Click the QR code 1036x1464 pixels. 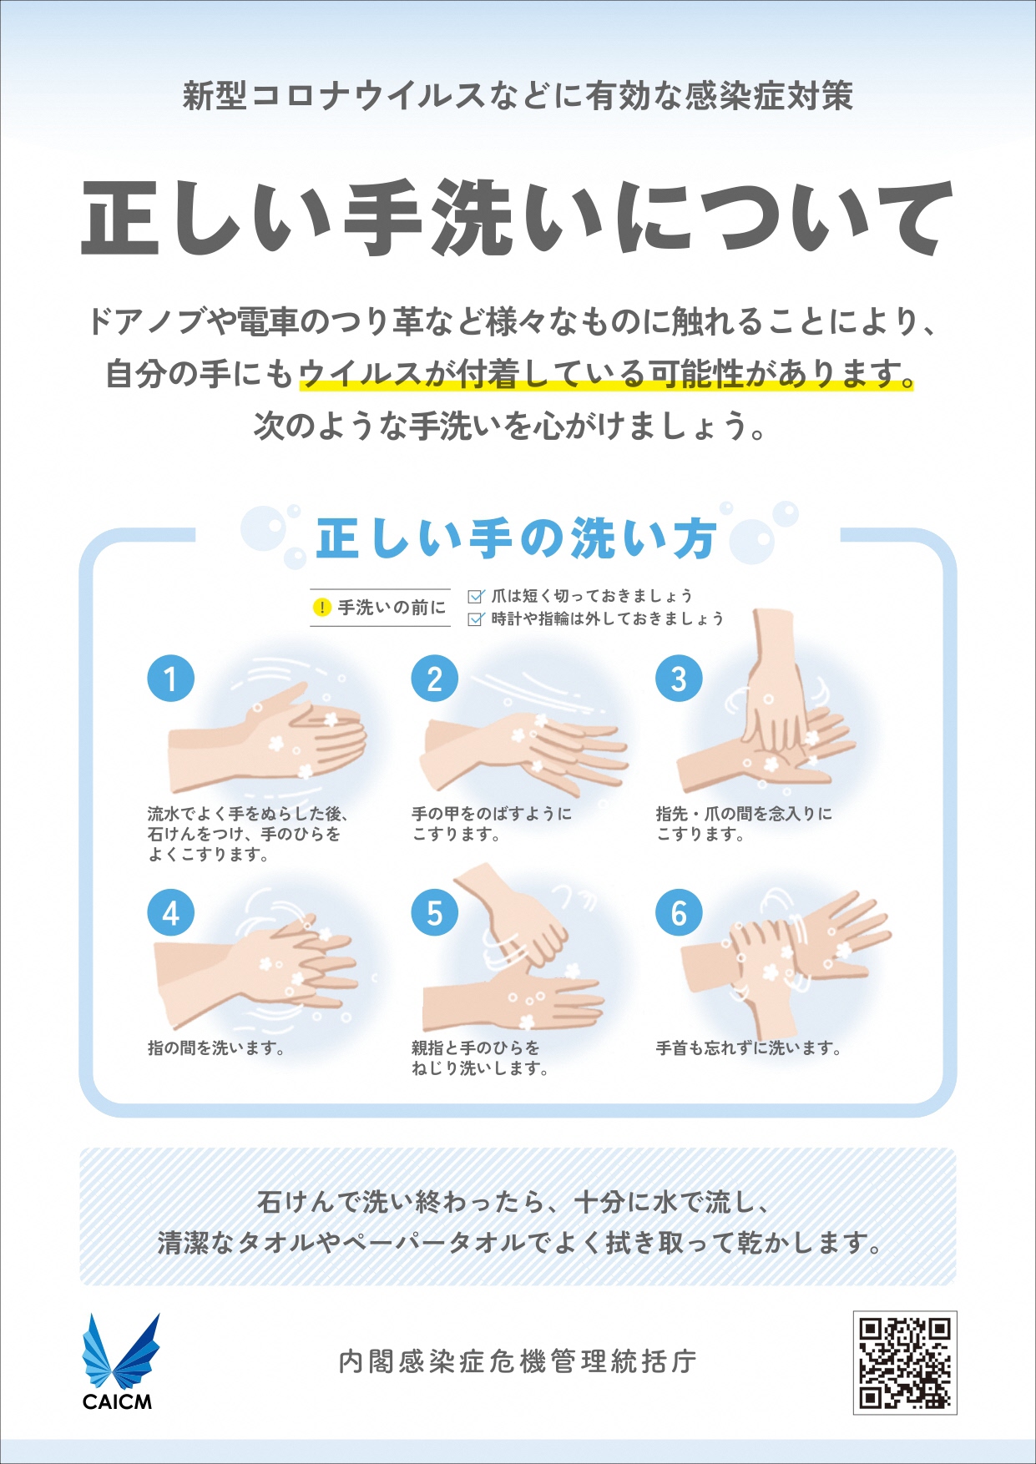[x=905, y=1362]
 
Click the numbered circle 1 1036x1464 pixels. [x=171, y=679]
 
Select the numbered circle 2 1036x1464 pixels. [x=435, y=679]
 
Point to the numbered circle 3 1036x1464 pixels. [x=679, y=679]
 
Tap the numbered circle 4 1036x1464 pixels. [x=171, y=913]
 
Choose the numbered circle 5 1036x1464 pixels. [x=435, y=913]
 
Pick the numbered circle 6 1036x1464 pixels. [x=679, y=913]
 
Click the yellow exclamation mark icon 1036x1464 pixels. [x=321, y=608]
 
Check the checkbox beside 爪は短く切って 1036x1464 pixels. [x=476, y=596]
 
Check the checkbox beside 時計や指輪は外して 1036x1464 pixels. [x=476, y=618]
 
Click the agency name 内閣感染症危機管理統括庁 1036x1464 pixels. [x=518, y=1361]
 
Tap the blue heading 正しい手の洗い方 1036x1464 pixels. [x=517, y=538]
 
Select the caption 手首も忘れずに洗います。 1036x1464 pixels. [x=749, y=1048]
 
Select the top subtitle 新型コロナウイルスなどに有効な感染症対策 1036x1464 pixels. [x=518, y=96]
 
